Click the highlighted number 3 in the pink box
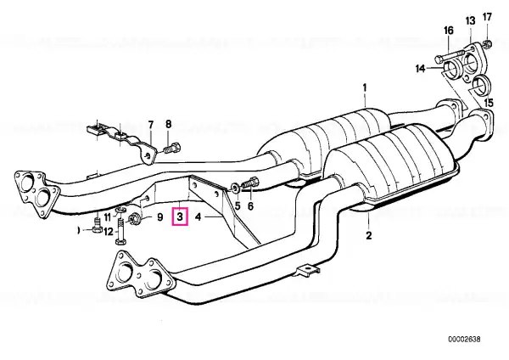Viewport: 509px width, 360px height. pos(181,216)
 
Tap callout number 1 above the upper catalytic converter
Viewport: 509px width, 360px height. pos(365,87)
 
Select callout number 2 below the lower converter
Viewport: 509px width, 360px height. pos(369,235)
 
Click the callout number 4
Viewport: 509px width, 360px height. pos(199,217)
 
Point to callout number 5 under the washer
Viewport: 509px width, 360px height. pos(238,205)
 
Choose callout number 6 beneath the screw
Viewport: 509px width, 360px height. pos(250,205)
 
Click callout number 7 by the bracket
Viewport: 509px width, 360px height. pos(151,125)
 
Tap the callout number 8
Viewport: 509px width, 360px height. pos(168,124)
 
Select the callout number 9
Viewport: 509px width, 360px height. pos(159,217)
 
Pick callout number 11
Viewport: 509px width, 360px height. pos(108,217)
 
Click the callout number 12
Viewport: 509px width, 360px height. pos(109,231)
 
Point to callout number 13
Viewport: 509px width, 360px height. pos(470,21)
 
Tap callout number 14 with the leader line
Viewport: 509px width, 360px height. pos(421,69)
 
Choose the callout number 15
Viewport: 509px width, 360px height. pos(489,103)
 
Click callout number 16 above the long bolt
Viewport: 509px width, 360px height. pos(448,31)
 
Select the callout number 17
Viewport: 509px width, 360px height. pos(487,17)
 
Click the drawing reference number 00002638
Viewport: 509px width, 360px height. pos(465,340)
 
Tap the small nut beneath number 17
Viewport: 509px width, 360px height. pos(487,43)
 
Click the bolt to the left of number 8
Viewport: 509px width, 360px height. pos(172,149)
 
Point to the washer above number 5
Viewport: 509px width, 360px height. pos(234,188)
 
